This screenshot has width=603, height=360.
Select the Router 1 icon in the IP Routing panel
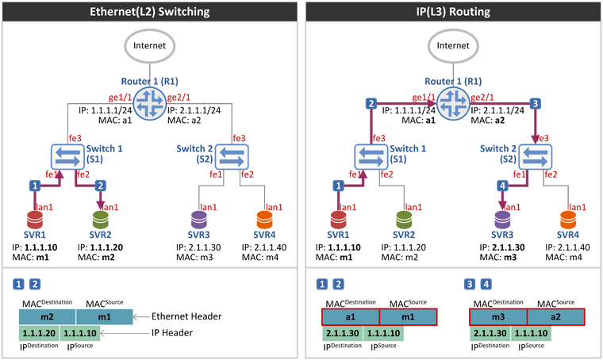(453, 104)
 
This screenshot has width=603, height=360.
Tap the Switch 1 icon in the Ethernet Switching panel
(67, 157)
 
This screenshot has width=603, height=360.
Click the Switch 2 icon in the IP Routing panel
(536, 157)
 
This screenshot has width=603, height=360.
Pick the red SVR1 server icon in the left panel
(35, 220)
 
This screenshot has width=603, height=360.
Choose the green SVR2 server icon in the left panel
(101, 220)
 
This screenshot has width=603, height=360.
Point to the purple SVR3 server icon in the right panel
(502, 220)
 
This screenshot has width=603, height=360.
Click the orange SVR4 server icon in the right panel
(568, 220)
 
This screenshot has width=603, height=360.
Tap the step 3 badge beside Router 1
(535, 103)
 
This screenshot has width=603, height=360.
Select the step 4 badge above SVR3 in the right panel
(502, 186)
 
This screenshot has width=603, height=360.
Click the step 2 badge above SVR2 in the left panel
(101, 186)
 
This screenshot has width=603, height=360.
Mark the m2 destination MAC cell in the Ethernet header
(48, 317)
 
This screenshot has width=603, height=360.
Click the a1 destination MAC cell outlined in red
(351, 317)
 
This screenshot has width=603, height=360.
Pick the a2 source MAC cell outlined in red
(555, 317)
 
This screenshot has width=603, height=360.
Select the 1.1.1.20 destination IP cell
(39, 333)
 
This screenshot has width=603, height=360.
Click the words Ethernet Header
(186, 316)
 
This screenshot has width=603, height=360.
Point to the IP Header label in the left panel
(172, 333)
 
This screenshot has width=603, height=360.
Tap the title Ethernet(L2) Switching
(150, 12)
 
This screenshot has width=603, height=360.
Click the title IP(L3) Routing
(453, 12)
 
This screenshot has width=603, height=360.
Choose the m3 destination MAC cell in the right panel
(498, 317)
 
